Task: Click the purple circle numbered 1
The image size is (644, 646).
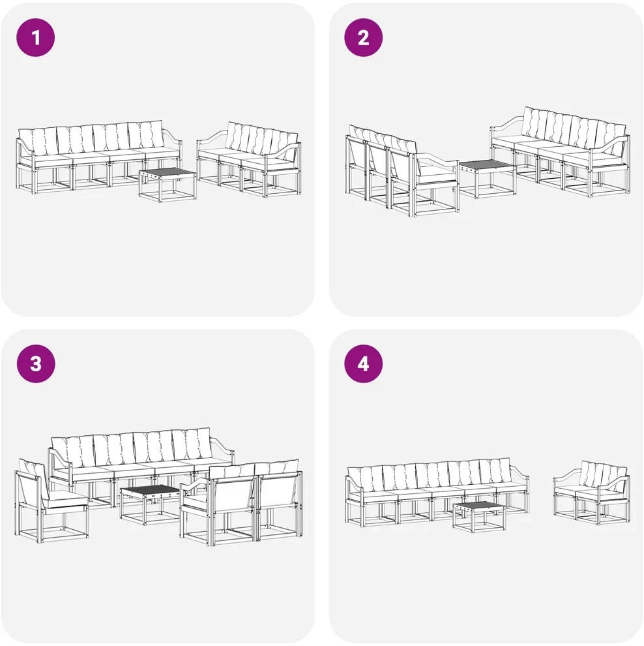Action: tap(35, 37)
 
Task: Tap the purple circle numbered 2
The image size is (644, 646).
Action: tap(363, 37)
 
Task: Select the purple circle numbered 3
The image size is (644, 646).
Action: tap(36, 364)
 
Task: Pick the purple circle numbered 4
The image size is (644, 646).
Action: tap(363, 364)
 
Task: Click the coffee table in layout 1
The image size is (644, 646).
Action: tap(168, 184)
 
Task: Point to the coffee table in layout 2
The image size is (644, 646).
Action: tap(487, 178)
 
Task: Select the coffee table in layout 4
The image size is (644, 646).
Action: tap(479, 517)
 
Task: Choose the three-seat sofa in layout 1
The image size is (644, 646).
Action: tap(249, 159)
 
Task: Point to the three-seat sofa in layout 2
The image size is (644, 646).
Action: tap(402, 171)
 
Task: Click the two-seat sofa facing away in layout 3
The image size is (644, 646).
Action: tap(241, 500)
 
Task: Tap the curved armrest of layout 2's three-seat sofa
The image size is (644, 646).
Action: tap(437, 159)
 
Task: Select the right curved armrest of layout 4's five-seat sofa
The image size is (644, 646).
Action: tap(520, 472)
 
